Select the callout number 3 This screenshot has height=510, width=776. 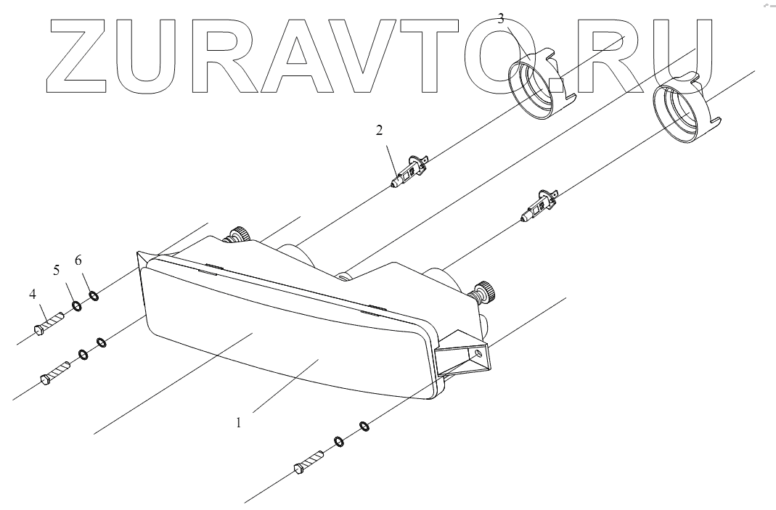click(501, 19)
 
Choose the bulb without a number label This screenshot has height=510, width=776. click(539, 205)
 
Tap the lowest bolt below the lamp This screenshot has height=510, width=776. click(309, 462)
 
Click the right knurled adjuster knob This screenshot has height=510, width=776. click(485, 292)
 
